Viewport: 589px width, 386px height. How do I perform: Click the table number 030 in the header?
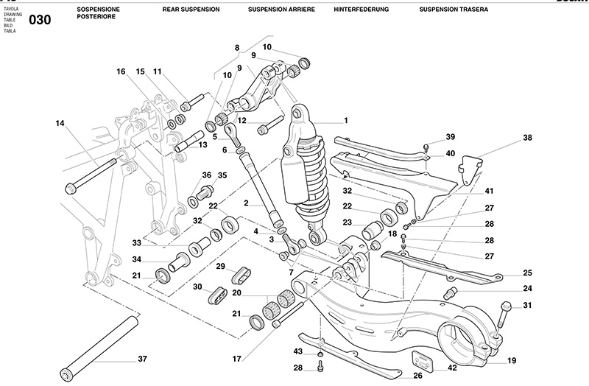pyautogui.click(x=40, y=20)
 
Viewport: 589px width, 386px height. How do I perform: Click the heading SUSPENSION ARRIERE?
pyautogui.click(x=281, y=10)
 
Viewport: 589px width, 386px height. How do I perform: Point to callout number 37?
pyautogui.click(x=142, y=359)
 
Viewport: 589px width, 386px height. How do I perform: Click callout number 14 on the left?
pyautogui.click(x=60, y=123)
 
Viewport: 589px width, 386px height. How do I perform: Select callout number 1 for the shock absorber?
pyautogui.click(x=345, y=119)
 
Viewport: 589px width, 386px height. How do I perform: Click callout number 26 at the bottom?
pyautogui.click(x=417, y=376)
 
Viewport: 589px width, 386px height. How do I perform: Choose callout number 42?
pyautogui.click(x=452, y=367)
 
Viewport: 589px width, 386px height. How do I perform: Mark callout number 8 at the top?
pyautogui.click(x=237, y=48)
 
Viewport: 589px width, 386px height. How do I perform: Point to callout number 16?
pyautogui.click(x=120, y=71)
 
